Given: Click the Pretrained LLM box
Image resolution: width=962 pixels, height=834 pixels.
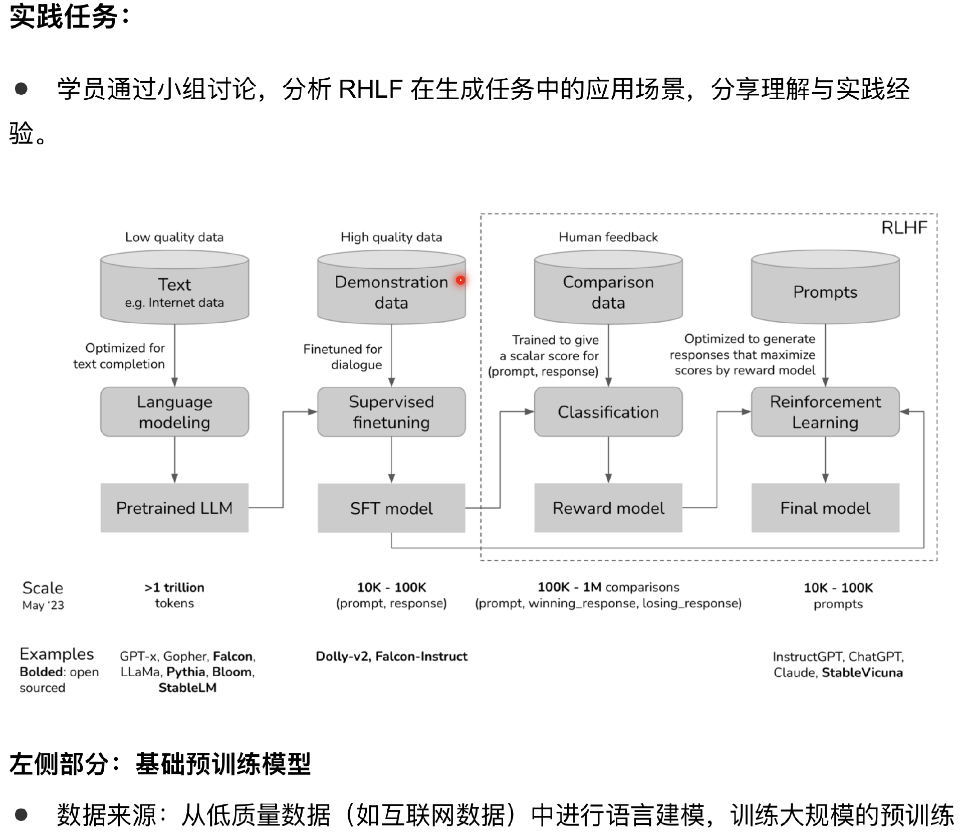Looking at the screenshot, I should [174, 508].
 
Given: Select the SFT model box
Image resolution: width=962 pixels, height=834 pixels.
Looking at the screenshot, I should [391, 508].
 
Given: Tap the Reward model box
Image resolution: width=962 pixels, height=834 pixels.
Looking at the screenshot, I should [608, 508].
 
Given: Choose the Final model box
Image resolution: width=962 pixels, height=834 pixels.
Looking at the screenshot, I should [825, 508].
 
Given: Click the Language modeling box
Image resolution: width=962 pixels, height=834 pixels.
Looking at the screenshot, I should [174, 411].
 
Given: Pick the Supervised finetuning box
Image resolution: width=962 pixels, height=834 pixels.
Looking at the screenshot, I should [391, 411].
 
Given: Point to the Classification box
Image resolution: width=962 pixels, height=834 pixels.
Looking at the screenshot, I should [608, 411].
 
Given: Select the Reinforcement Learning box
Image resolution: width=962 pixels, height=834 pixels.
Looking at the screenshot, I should [825, 411].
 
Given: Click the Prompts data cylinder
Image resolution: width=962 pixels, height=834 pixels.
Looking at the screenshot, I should [825, 291].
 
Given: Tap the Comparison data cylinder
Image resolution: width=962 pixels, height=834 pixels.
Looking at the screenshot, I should [608, 291].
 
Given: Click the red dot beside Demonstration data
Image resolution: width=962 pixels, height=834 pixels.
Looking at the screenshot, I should [460, 280].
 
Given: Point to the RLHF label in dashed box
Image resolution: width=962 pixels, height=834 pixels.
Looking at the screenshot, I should [904, 228].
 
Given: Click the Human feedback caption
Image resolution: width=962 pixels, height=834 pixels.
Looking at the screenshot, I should [608, 237].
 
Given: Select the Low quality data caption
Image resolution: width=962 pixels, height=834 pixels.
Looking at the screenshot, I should [174, 237].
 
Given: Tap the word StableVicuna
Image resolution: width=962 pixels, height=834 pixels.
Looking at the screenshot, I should [862, 672].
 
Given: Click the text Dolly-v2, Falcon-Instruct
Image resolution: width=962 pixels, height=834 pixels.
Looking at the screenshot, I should [391, 656].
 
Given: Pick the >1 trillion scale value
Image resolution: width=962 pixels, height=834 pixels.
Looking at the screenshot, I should [174, 587].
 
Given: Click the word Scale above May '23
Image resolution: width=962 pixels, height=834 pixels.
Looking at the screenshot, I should [43, 587].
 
